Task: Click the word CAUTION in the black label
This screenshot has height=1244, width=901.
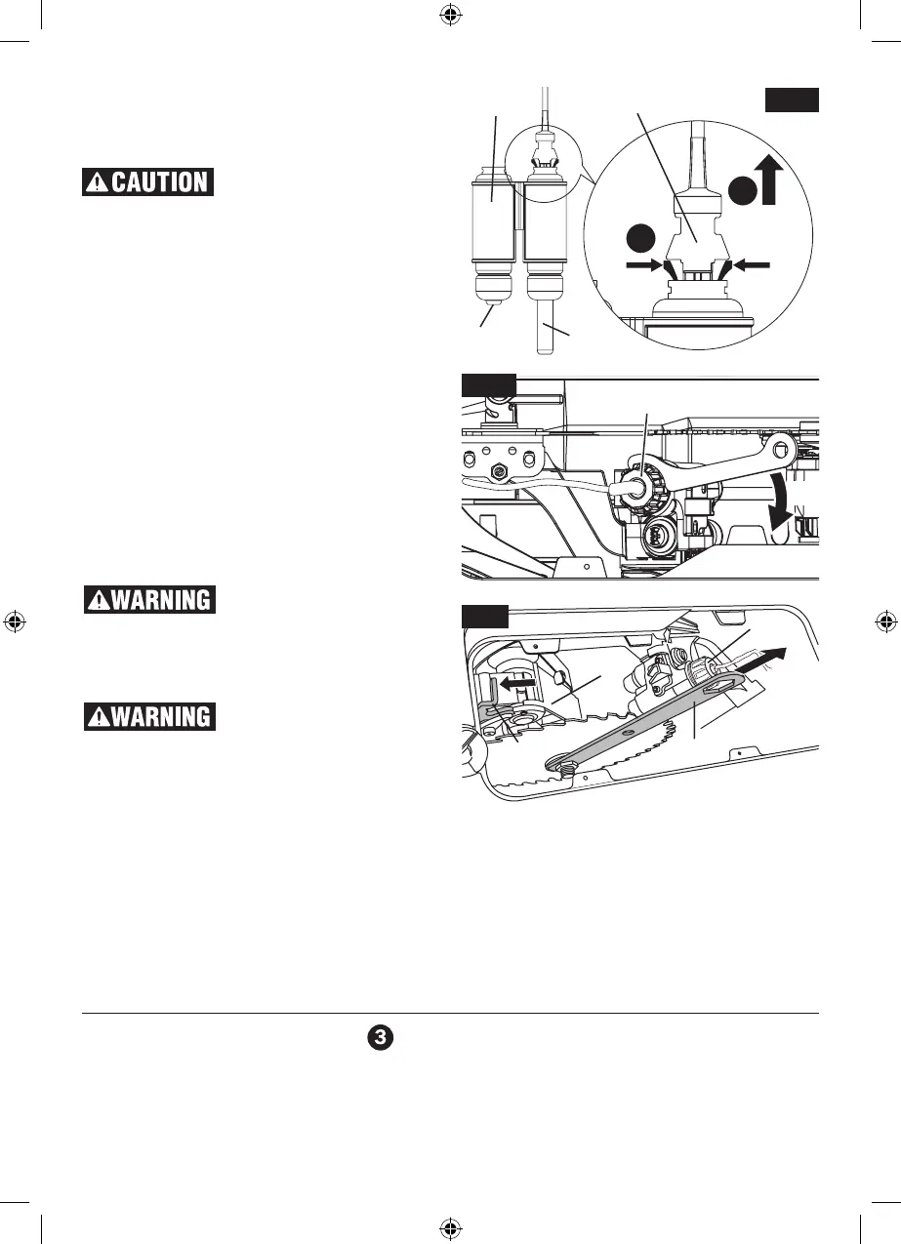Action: [x=160, y=182]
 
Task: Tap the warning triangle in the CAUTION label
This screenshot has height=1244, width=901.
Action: [x=99, y=182]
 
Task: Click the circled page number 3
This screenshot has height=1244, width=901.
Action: [x=380, y=1039]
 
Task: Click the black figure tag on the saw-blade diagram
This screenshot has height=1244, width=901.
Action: [x=484, y=617]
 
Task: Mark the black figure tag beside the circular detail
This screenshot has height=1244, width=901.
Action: [x=792, y=100]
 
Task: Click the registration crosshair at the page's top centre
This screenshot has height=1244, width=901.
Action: [x=450, y=14]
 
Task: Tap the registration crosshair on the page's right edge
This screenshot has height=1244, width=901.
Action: [x=886, y=622]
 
